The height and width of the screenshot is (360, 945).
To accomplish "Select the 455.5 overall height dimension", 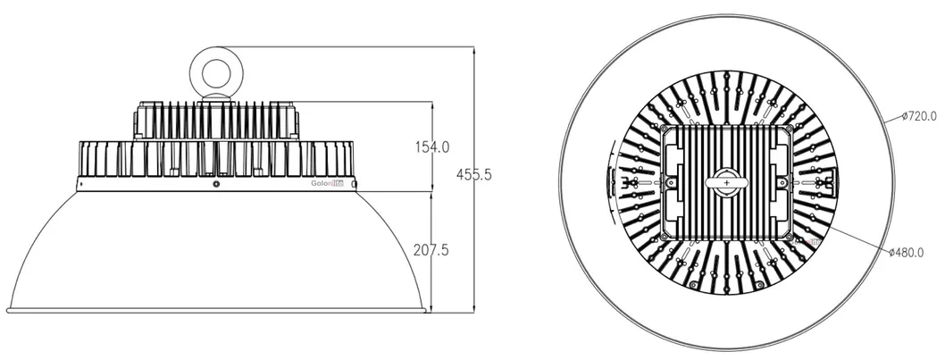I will (474, 175).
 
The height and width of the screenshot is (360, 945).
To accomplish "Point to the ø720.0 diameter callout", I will (919, 117).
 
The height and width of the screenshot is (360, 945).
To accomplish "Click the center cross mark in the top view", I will (727, 183).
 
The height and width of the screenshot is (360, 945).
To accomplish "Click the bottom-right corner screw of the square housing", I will (788, 235).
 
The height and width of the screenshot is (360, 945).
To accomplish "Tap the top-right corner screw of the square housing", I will (788, 129).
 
